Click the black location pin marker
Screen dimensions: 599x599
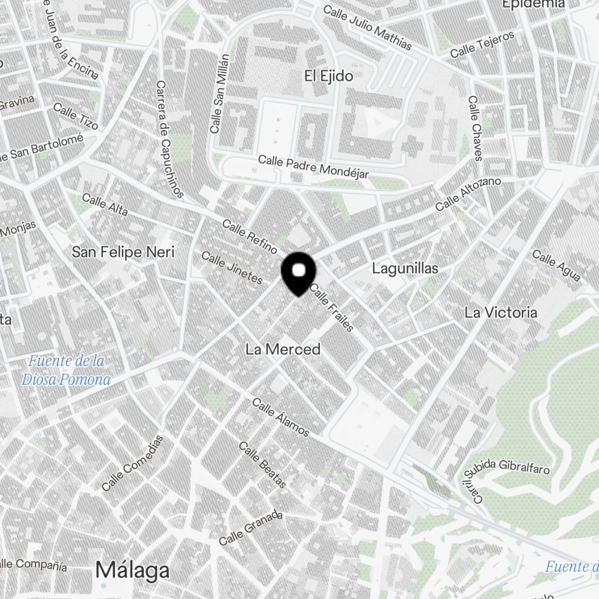[x=298, y=273]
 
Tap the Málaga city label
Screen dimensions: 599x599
[x=132, y=570]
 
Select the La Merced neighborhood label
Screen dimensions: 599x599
[x=283, y=349]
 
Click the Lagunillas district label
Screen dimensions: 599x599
[x=405, y=268]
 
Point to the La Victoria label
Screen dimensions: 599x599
[x=501, y=312]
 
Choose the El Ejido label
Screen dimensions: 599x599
[x=328, y=76]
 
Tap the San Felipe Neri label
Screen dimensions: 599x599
[x=123, y=252]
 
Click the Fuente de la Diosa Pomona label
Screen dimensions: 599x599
[x=66, y=370]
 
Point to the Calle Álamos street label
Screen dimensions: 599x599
[x=281, y=418]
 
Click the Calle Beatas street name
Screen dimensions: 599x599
[x=263, y=465]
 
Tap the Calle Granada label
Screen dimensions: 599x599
[x=250, y=527]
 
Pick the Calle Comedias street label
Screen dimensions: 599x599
[x=132, y=463]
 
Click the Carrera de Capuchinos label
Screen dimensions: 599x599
[x=170, y=139]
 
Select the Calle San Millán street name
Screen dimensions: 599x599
[x=219, y=93]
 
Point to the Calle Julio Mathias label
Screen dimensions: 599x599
[x=367, y=28]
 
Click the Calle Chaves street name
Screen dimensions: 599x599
[x=475, y=128]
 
